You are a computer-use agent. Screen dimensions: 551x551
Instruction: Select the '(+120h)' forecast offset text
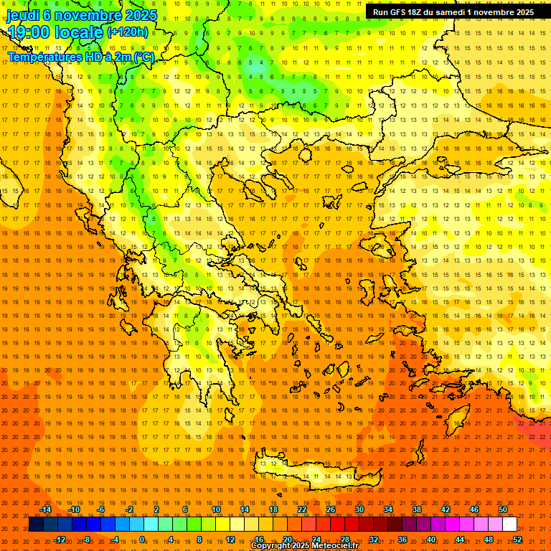tap(128, 32)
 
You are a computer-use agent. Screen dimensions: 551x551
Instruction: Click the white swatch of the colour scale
tap(510, 524)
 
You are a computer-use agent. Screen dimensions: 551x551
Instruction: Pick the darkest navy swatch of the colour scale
tap(36, 524)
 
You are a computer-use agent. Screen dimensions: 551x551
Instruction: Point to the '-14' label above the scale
tap(45, 509)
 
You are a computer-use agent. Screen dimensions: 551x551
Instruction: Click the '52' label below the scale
tap(517, 539)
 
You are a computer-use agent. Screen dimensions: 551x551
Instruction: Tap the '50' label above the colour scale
tap(503, 509)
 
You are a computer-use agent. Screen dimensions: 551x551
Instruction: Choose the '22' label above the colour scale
tap(302, 509)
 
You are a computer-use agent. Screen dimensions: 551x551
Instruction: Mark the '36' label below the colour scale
tap(402, 539)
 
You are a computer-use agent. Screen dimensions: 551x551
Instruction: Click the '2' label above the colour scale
tap(156, 509)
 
